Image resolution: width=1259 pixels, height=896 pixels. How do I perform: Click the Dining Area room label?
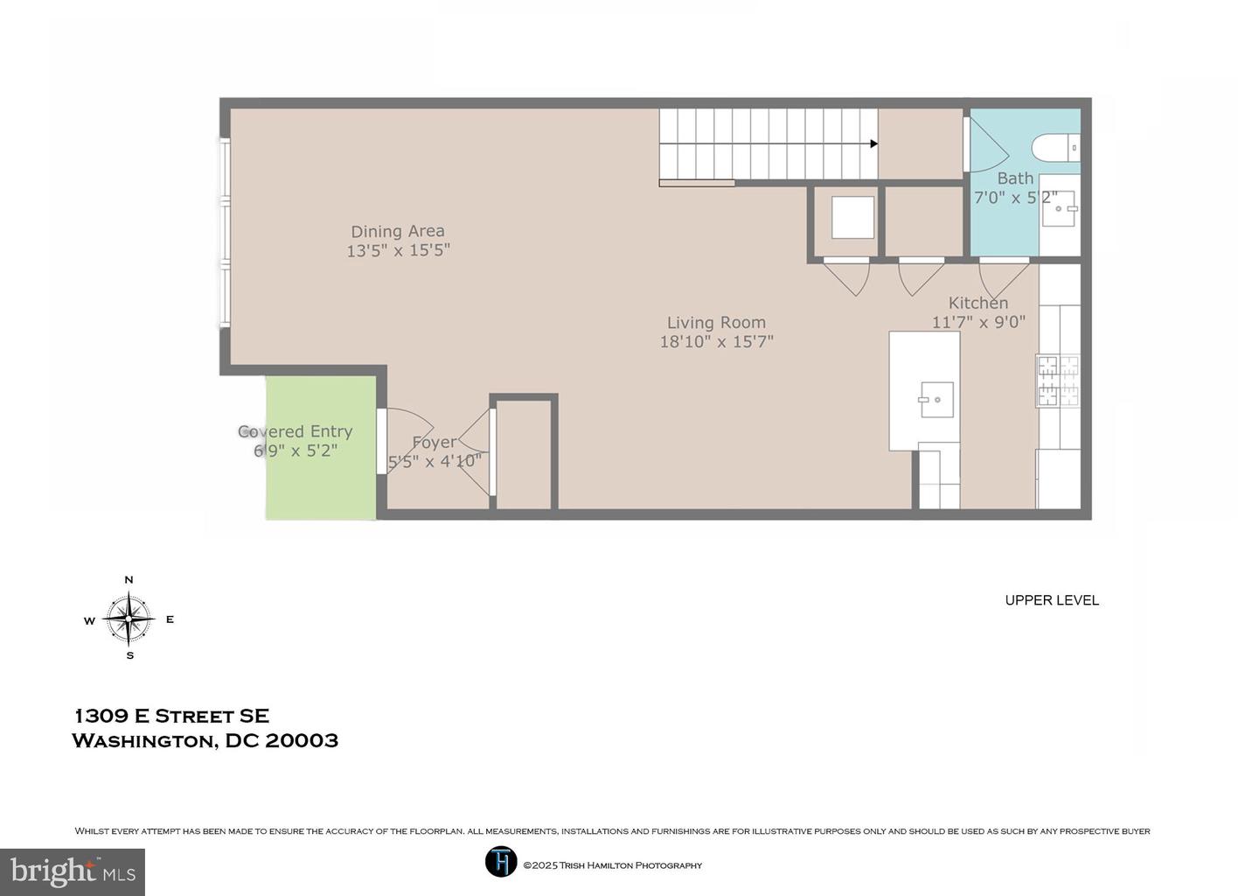pyautogui.click(x=397, y=231)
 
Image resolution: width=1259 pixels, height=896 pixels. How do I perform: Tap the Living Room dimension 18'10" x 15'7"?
pyautogui.click(x=716, y=341)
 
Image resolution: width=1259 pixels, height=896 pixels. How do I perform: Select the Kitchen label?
pyautogui.click(x=978, y=303)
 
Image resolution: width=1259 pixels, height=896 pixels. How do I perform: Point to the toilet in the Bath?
pyautogui.click(x=1055, y=147)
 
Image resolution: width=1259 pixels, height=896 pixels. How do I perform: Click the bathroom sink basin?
pyautogui.click(x=1059, y=208)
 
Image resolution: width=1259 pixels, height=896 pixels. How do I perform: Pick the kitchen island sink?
pyautogui.click(x=937, y=399)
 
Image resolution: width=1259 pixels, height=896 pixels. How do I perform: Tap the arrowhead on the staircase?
pyautogui.click(x=874, y=143)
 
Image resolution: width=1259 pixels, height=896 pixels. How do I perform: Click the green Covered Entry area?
pyautogui.click(x=321, y=447)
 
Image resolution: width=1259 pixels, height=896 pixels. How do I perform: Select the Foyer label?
pyautogui.click(x=435, y=443)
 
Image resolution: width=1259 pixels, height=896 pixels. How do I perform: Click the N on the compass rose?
pyautogui.click(x=129, y=579)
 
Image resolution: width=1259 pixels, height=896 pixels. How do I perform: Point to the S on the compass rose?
pyautogui.click(x=129, y=655)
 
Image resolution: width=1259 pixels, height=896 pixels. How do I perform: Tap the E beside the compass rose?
pyautogui.click(x=170, y=619)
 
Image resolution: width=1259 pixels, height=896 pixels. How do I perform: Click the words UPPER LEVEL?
pyautogui.click(x=1052, y=600)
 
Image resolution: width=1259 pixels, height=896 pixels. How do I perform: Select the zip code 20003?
pyautogui.click(x=302, y=740)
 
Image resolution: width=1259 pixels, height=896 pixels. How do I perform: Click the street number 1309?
pyautogui.click(x=101, y=716)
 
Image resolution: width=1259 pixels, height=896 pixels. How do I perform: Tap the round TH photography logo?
pyautogui.click(x=501, y=861)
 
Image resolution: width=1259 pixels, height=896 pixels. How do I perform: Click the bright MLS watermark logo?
pyautogui.click(x=73, y=871)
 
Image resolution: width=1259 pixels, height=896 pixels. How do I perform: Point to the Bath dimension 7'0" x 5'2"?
pyautogui.click(x=1016, y=198)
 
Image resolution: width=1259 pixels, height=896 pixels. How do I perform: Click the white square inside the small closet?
pyautogui.click(x=852, y=218)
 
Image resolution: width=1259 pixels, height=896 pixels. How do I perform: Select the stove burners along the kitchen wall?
pyautogui.click(x=1058, y=381)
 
